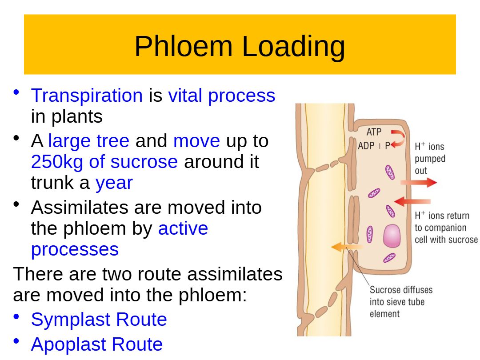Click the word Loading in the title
tap(294, 47)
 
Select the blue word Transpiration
tap(87, 96)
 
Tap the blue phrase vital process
tap(222, 96)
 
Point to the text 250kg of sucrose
tap(104, 162)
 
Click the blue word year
tap(114, 184)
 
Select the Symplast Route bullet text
tap(99, 320)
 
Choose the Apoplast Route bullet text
tap(97, 344)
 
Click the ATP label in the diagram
tap(374, 132)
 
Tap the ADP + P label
tap(374, 146)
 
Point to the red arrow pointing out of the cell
tap(419, 183)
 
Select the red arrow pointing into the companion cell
tap(412, 201)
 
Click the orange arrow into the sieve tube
tap(347, 247)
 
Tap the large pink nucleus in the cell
tap(392, 236)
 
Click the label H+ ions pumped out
tap(430, 158)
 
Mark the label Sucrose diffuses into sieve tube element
tap(401, 302)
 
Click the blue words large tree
tap(89, 141)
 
